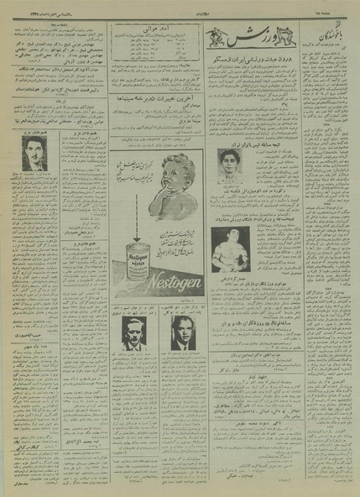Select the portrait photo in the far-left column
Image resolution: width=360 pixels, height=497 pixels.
pos(34,151)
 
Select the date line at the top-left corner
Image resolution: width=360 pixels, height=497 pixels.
pos(29,16)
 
